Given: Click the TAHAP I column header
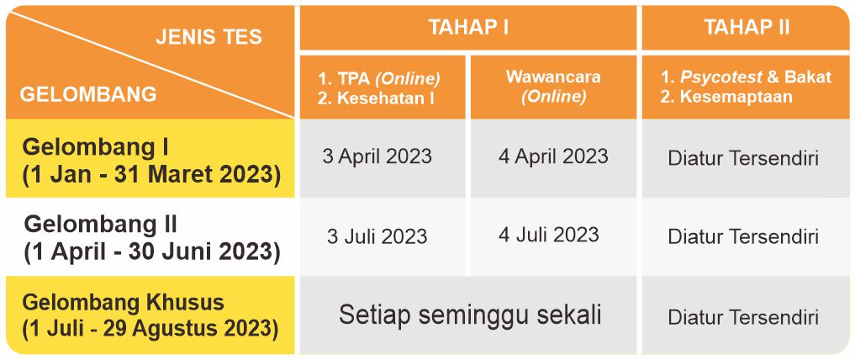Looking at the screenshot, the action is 468,27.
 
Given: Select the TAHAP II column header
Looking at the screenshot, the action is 746,27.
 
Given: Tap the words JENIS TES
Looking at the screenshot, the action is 208,37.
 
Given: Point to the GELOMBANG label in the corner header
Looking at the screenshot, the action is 88,94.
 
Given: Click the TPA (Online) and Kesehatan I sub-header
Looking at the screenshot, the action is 379,87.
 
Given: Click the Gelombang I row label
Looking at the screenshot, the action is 151,161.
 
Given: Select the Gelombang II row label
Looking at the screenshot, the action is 152,238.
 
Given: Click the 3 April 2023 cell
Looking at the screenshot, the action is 377,156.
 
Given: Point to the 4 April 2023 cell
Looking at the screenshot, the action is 553,156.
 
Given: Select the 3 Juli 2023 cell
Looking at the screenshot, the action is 377,236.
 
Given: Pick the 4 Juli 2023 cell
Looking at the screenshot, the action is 548,235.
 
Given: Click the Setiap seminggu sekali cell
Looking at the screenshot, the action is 470,315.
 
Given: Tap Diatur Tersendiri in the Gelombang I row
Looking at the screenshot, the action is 743,159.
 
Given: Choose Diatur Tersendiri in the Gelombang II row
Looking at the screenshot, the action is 743,236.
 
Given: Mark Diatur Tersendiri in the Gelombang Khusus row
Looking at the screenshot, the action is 743,317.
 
